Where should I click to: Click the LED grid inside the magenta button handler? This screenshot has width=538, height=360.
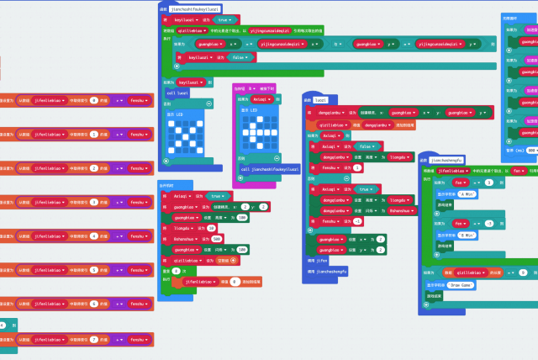[x=257, y=131]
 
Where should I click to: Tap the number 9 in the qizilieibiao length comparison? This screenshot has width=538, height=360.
[x=521, y=273]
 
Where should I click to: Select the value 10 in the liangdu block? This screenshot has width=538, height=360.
[x=213, y=227]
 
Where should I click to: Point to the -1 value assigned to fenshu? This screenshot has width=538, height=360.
[x=357, y=220]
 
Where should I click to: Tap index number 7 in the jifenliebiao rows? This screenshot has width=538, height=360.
[x=94, y=338]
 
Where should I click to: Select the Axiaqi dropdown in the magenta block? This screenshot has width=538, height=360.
[x=262, y=99]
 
